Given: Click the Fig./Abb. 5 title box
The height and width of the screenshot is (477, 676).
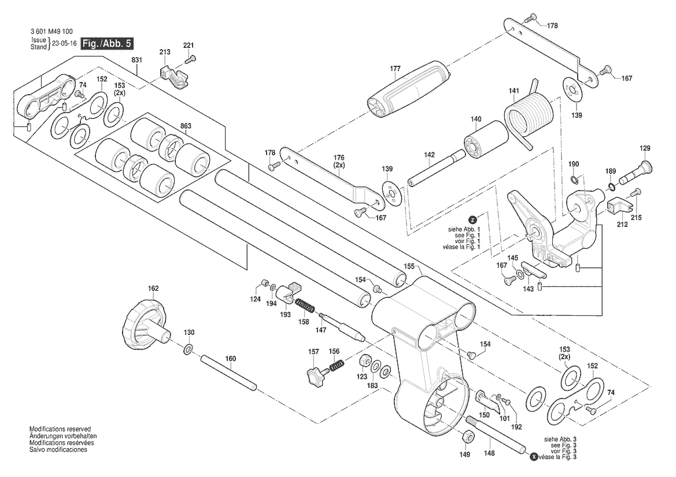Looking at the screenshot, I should click(105, 44).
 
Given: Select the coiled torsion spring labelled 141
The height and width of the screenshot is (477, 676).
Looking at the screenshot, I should click(530, 116).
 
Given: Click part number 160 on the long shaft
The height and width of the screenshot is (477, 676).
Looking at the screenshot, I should click(231, 359).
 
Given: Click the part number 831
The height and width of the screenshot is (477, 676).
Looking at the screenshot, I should click(136, 60).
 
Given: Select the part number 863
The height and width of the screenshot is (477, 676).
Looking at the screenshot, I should click(185, 125).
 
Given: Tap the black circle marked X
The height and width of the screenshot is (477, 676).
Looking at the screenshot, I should click(533, 457).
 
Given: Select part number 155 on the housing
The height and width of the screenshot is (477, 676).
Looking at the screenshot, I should click(409, 266).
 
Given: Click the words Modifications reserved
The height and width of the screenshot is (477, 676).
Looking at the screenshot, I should click(60, 430).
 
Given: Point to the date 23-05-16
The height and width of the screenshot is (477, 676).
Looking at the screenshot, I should click(64, 44).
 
